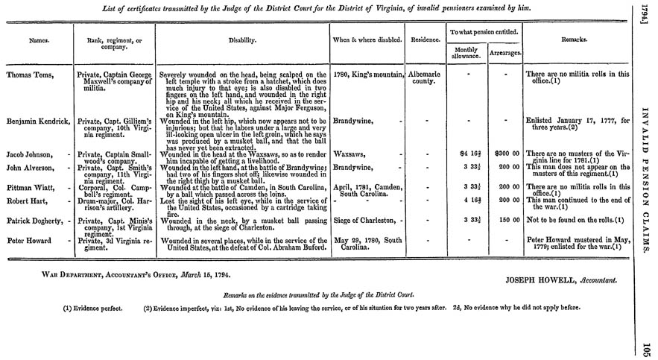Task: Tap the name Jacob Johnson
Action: [31, 153]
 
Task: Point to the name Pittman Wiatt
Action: [30, 188]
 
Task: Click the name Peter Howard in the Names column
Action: [27, 239]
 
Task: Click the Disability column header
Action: [243, 39]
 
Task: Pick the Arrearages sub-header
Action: [504, 53]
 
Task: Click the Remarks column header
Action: [578, 39]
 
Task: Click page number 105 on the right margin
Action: [646, 347]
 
